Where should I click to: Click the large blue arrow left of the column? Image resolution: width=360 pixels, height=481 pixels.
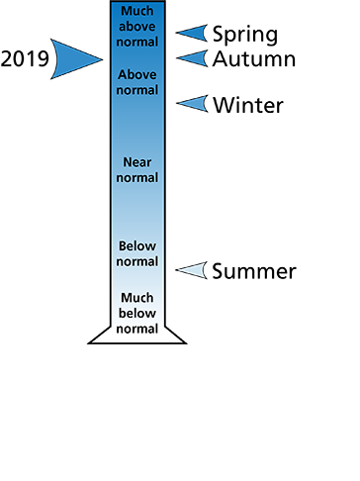(71, 58)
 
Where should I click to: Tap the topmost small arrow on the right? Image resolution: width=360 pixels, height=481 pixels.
(194, 33)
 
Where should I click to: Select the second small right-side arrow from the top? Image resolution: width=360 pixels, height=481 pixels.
(194, 58)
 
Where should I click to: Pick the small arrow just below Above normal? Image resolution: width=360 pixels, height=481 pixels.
(194, 103)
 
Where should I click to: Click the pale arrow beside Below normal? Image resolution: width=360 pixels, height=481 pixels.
(193, 270)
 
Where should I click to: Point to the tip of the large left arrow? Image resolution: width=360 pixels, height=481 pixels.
(102, 59)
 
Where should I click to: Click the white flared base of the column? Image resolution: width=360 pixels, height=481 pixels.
(137, 334)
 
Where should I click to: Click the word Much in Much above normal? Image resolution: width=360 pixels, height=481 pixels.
(137, 10)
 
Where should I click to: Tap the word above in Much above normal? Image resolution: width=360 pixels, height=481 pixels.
(137, 26)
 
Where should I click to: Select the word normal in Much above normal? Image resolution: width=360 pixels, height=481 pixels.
(137, 42)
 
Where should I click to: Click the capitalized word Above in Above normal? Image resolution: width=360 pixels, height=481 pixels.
(137, 74)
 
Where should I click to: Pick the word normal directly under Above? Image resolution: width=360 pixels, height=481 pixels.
(137, 90)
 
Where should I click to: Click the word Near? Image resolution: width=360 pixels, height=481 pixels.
(137, 161)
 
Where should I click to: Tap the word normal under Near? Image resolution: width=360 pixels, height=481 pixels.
(137, 177)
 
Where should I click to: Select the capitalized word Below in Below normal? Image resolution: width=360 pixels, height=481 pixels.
(137, 245)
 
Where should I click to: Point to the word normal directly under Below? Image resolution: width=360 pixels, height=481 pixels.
(137, 261)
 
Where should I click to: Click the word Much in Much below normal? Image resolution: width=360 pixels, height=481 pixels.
(137, 297)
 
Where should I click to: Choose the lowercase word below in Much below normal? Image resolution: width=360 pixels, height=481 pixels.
(137, 313)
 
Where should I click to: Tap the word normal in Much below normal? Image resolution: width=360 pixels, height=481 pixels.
(137, 328)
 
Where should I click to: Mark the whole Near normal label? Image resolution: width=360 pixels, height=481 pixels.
(137, 169)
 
